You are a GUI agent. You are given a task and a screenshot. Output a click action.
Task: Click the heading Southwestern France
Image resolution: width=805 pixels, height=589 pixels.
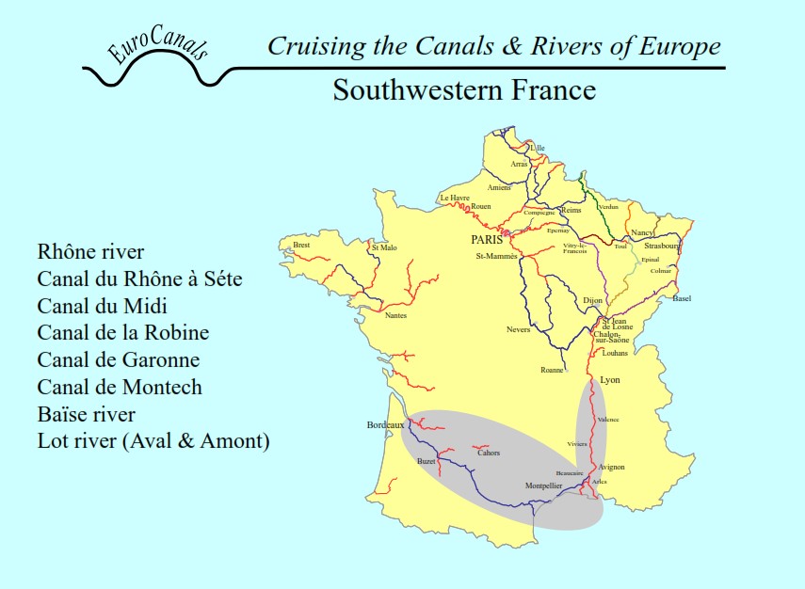(464, 90)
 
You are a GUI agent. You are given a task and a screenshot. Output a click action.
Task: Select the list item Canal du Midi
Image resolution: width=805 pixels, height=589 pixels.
(109, 306)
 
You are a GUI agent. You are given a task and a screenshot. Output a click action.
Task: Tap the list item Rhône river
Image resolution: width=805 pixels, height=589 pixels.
(91, 252)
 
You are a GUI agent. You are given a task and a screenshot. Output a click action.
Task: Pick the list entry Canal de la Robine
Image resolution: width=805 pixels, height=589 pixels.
(123, 333)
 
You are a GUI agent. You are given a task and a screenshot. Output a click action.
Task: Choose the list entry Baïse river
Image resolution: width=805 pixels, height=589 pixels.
(87, 414)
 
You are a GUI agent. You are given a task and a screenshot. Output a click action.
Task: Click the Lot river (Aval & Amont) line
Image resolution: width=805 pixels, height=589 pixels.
(153, 441)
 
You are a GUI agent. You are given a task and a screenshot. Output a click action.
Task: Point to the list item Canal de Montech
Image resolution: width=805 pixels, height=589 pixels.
(120, 387)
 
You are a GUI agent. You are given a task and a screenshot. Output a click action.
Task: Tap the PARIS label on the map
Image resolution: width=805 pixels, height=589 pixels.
(488, 240)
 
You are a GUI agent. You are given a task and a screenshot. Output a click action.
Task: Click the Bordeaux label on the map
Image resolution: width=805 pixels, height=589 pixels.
(385, 425)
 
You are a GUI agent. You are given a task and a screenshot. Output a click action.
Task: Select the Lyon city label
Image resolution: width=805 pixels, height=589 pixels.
(610, 380)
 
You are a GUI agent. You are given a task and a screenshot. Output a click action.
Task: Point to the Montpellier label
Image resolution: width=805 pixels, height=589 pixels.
(543, 486)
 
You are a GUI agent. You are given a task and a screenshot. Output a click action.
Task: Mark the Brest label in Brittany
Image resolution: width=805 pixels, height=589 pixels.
(301, 245)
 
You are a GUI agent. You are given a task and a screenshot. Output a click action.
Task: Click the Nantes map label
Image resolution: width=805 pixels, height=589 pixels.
(396, 315)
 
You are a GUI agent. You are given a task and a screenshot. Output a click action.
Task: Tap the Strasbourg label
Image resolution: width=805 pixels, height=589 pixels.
(663, 246)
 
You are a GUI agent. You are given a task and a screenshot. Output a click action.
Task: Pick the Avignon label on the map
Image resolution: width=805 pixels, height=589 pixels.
(611, 467)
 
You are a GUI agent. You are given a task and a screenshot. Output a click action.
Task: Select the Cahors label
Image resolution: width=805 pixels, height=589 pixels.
(489, 453)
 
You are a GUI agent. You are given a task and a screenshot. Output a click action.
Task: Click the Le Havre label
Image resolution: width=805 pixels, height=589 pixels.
(455, 199)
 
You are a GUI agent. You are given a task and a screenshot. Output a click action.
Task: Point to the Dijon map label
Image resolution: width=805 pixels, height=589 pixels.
(592, 300)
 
